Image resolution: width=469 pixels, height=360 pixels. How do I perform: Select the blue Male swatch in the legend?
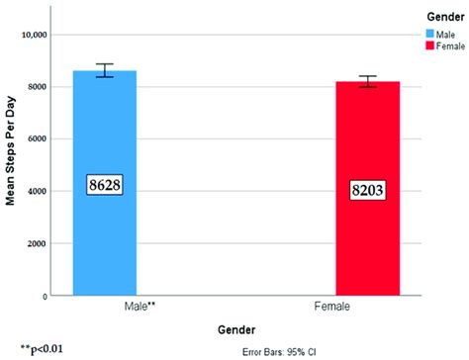tap(431, 32)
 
